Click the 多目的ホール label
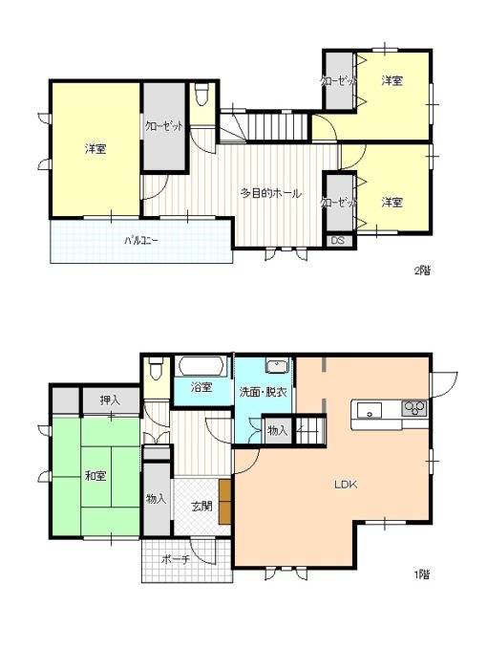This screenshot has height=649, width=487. (x=271, y=193)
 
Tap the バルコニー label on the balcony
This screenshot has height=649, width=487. (x=141, y=240)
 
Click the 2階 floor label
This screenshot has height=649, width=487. (x=422, y=270)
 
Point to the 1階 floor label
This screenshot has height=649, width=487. (x=422, y=574)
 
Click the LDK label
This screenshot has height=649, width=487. (x=346, y=485)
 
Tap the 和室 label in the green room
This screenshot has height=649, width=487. (x=95, y=476)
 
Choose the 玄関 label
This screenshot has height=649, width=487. (x=201, y=506)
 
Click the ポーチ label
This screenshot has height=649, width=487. (x=176, y=559)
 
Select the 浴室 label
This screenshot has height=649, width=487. (x=201, y=387)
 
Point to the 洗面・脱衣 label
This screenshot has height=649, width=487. (x=264, y=392)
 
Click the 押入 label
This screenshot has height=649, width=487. (x=110, y=400)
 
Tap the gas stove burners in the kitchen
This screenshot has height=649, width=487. (x=414, y=408)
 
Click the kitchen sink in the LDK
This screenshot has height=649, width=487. (x=370, y=410)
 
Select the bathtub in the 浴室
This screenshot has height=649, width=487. (x=201, y=366)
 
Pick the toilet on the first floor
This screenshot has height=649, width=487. (x=157, y=368)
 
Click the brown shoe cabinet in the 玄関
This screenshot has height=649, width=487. (x=225, y=501)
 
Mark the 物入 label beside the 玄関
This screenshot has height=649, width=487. (x=157, y=499)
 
